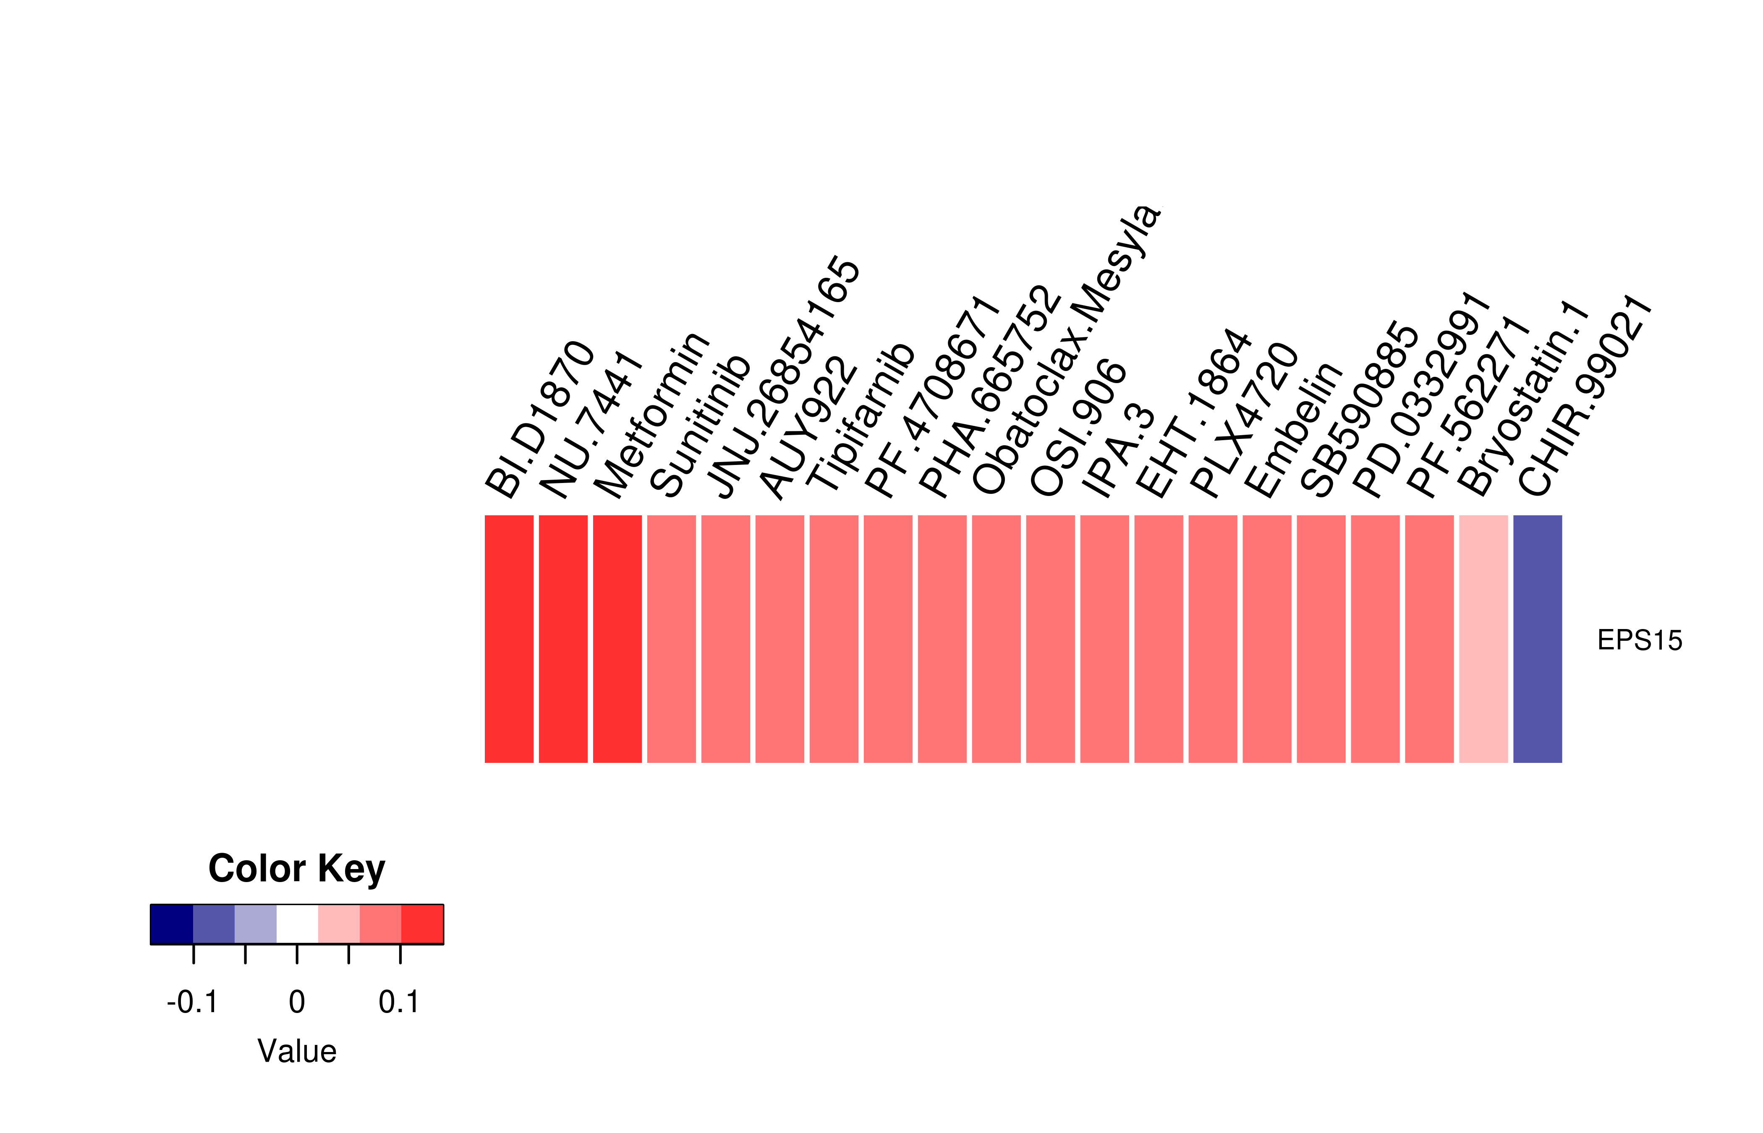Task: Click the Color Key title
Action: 296,869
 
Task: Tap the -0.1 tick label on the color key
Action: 193,1002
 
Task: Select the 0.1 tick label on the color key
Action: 399,1002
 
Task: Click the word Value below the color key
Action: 296,1051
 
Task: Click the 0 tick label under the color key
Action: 296,1002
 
